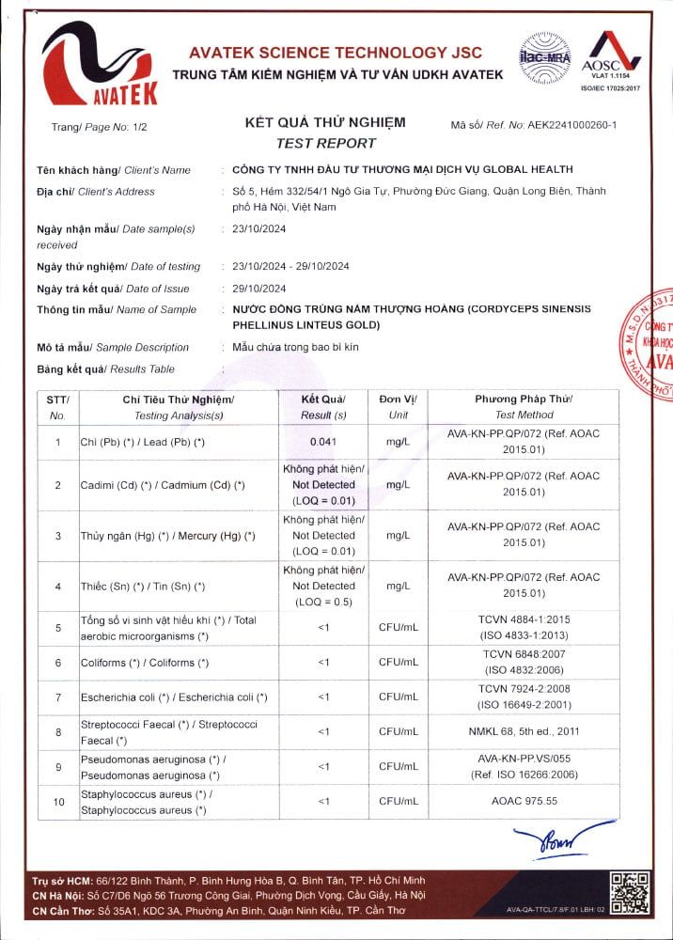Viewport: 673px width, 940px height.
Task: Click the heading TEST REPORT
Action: (x=325, y=143)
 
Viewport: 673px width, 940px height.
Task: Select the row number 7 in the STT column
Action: (x=58, y=697)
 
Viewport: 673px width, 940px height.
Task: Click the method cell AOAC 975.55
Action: (x=524, y=801)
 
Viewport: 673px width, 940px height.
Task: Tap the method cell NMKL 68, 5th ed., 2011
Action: (x=524, y=730)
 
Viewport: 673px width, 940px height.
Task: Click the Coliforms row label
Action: (x=138, y=663)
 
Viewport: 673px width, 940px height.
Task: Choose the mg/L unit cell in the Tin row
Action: (x=398, y=587)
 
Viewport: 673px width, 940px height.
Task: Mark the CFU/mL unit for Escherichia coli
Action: (x=398, y=697)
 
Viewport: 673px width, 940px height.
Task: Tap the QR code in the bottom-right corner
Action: (x=629, y=890)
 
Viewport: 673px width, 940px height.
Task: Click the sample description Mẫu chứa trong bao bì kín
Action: (x=295, y=347)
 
